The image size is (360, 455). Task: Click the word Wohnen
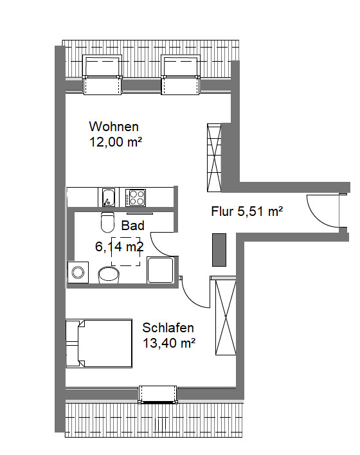click(x=114, y=127)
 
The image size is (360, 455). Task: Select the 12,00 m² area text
click(x=116, y=142)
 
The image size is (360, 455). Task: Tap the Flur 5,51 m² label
click(x=247, y=211)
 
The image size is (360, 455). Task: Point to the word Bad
click(x=132, y=226)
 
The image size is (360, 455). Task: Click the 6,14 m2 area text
click(x=120, y=247)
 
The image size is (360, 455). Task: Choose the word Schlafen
click(x=168, y=328)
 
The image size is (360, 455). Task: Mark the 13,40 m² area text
click(x=169, y=343)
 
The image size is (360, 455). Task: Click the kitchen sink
click(x=108, y=197)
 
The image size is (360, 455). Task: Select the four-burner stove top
click(x=135, y=197)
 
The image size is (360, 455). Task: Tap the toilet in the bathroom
click(x=107, y=222)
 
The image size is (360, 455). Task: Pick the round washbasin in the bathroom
click(x=109, y=274)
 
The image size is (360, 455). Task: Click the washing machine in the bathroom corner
click(x=78, y=272)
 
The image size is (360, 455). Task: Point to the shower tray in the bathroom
click(x=161, y=270)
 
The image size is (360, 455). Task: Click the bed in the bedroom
click(x=99, y=343)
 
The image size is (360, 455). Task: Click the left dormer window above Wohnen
click(x=102, y=75)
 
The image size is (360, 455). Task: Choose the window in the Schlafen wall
click(x=157, y=395)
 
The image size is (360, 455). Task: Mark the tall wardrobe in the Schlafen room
click(x=226, y=316)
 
